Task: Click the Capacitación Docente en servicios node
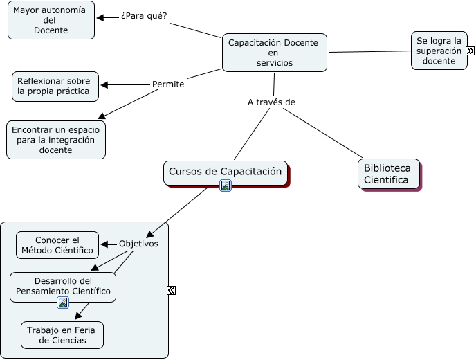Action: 274,53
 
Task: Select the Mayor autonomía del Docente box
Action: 51,20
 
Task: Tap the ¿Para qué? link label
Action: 143,16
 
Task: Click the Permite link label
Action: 168,84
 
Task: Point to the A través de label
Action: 271,102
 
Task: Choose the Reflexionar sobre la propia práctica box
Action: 55,86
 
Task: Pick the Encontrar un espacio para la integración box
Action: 55,140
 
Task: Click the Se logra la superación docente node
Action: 439,51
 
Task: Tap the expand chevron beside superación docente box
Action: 470,51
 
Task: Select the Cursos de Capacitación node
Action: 225,172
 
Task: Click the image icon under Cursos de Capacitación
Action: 226,185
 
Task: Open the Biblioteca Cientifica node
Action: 387,174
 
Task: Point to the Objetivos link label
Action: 138,244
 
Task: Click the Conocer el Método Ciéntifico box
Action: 57,245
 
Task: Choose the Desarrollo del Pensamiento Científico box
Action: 62,285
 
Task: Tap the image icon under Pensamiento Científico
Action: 63,303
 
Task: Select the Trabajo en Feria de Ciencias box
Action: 62,335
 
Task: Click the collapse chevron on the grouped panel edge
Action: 171,291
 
